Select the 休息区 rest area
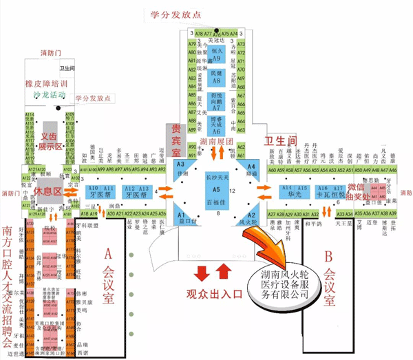click(49, 190)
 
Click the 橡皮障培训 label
click(50, 81)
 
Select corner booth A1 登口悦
click(182, 214)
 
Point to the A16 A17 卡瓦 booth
click(328, 192)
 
